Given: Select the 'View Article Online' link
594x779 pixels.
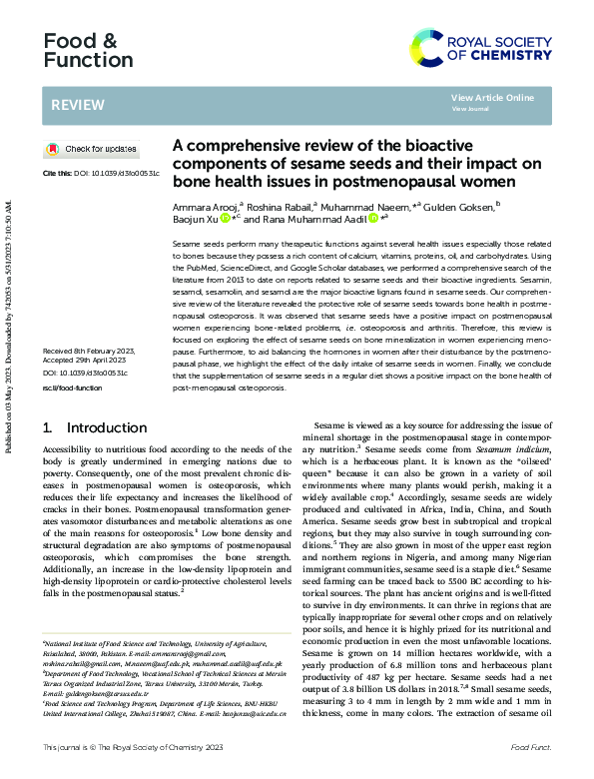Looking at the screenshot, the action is (492, 98).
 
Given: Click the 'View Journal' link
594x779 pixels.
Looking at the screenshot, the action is (470, 109).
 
